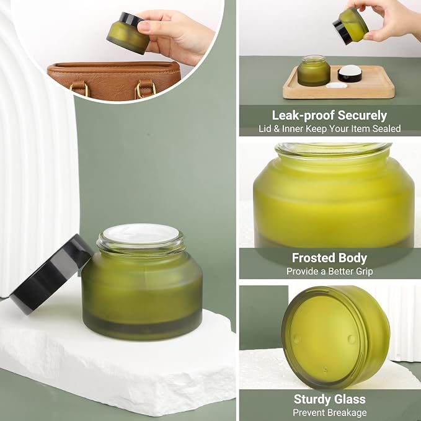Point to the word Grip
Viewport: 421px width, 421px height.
point(363,272)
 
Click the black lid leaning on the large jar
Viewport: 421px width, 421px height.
point(51,274)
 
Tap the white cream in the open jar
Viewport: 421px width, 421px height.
point(141,233)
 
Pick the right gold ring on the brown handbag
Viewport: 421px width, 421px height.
point(146,89)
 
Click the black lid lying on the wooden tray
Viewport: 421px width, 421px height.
point(350,74)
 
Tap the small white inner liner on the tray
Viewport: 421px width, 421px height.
point(336,86)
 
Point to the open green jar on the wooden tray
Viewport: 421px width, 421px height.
point(314,71)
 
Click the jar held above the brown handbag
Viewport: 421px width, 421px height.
point(128,33)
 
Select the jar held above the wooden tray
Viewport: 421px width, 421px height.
point(351,26)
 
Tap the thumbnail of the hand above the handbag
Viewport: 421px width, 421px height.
point(144,26)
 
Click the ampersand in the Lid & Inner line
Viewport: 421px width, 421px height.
point(277,128)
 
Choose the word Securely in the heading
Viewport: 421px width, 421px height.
point(362,116)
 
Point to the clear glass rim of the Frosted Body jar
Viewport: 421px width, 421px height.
point(334,149)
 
